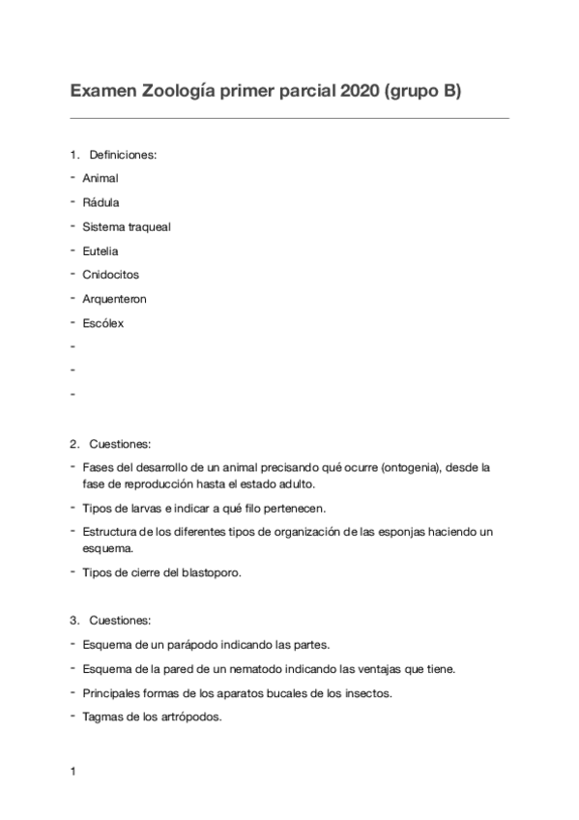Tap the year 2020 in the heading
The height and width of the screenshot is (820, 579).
pyautogui.click(x=356, y=92)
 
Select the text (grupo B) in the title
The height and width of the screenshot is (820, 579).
pyautogui.click(x=424, y=92)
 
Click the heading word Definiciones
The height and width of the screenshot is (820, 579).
pyautogui.click(x=123, y=154)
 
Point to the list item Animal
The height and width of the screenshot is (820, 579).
pyautogui.click(x=101, y=178)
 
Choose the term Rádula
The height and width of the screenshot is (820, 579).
pyautogui.click(x=101, y=202)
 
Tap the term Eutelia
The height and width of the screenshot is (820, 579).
pyautogui.click(x=101, y=250)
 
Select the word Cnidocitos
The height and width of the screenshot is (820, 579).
pyautogui.click(x=110, y=275)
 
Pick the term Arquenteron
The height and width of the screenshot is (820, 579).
pyautogui.click(x=115, y=299)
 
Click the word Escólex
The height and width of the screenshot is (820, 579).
pyautogui.click(x=103, y=323)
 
